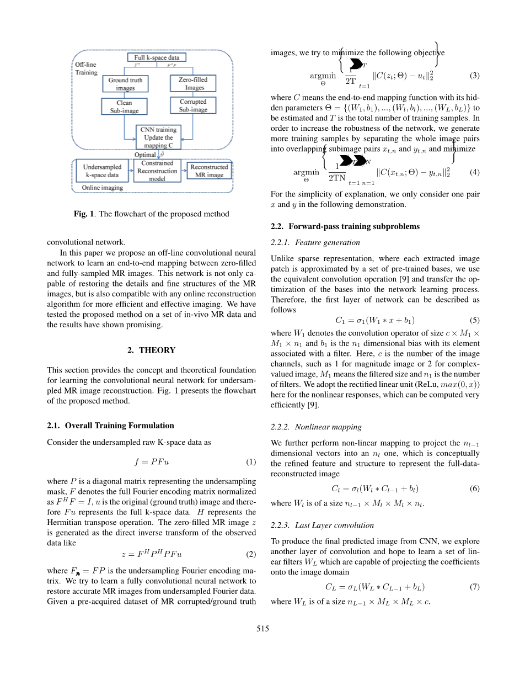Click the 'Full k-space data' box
tap(157, 57)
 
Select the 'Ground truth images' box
tap(125, 84)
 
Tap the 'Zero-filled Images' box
tap(193, 84)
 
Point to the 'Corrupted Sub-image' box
tap(193, 106)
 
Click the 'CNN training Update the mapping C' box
tap(158, 137)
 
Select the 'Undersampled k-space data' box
tap(102, 171)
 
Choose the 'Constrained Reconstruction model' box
tap(157, 171)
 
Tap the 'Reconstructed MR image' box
tap(209, 171)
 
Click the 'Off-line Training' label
tap(86, 69)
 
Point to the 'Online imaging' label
tap(103, 188)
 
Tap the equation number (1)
tap(251, 462)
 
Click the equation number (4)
tap(474, 173)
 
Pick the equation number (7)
tap(474, 587)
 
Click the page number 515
tap(262, 629)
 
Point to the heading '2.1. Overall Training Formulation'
tap(110, 426)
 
